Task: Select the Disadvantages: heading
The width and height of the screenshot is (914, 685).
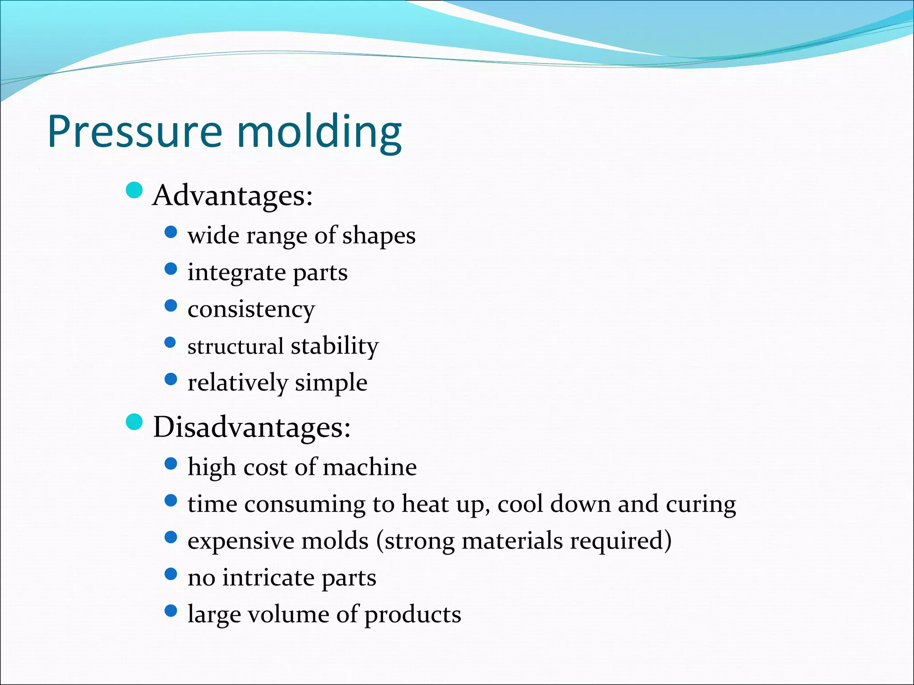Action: [252, 427]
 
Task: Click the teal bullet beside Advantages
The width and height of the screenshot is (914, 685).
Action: [134, 190]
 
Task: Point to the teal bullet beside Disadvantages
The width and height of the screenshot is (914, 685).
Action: [134, 422]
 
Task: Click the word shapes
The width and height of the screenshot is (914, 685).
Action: [379, 236]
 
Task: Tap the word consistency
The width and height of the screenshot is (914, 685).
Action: [251, 309]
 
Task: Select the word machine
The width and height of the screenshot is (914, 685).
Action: [370, 467]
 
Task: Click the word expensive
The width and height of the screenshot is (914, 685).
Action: [240, 541]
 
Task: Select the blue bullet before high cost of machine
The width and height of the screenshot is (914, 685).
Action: [171, 464]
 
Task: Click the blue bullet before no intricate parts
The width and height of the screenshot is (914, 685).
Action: [171, 574]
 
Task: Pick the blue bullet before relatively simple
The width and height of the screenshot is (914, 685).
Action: [171, 380]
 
